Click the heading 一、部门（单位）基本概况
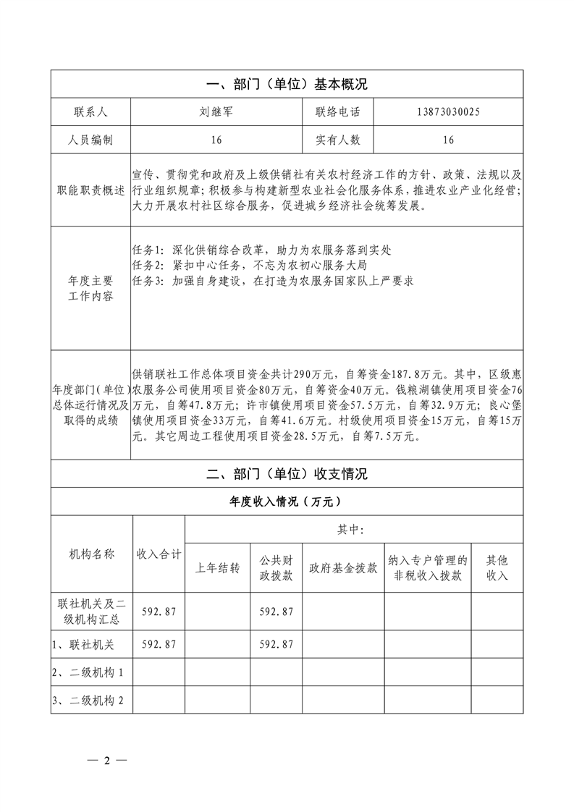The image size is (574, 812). pos(287,84)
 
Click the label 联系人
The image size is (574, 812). pos(90,112)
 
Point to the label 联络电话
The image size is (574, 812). pos(337,112)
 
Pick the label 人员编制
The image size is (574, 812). pos(90,140)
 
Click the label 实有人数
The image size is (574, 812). pos(337,140)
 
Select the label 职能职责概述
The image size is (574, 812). pos(90,190)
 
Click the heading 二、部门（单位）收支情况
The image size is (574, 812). pos(287,475)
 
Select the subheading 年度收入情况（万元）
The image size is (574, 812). pos(287,502)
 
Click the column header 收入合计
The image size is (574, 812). pos(159,554)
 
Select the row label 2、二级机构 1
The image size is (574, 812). pos(90,672)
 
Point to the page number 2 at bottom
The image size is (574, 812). pos(106,761)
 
